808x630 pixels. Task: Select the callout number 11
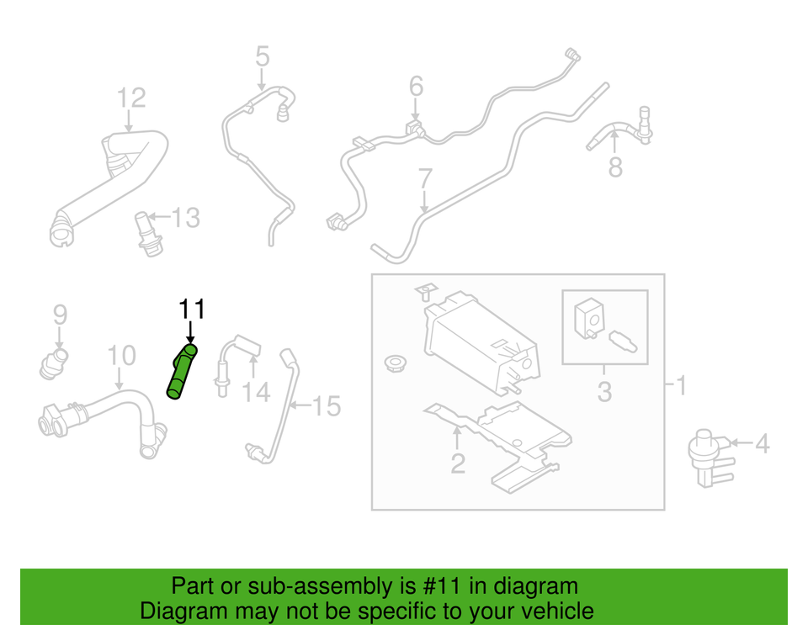pos(192,310)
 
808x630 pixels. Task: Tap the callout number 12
pos(131,98)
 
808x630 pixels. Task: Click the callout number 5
pos(263,56)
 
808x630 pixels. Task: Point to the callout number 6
pos(417,86)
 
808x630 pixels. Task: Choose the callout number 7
pos(425,178)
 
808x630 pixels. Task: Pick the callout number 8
pos(615,167)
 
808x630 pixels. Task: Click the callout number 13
pos(185,218)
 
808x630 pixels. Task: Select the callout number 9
pos(61,315)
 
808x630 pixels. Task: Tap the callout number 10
pos(121,356)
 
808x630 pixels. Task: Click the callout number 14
pos(256,393)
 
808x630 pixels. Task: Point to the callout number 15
pos(327,406)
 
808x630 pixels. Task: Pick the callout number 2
pos(458,463)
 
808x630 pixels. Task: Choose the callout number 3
pos(604,392)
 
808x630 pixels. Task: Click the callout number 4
pos(763,443)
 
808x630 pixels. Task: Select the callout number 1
pos(681,385)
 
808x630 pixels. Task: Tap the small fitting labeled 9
pos(53,363)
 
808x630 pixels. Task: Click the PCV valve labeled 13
pos(148,233)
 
